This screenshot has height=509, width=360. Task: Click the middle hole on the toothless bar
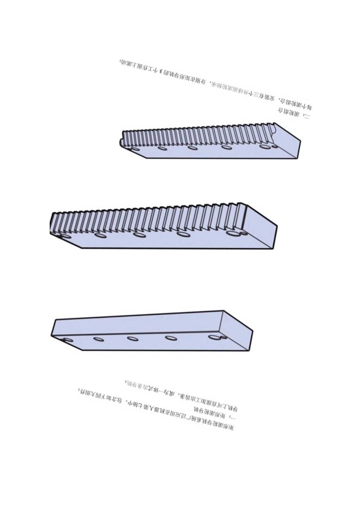click(x=133, y=338)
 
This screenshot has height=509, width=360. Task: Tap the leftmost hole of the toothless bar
click(x=68, y=340)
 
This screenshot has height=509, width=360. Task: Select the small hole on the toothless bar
click(x=223, y=337)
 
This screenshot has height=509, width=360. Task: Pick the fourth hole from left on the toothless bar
click(x=170, y=338)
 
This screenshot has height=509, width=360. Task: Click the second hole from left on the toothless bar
click(x=99, y=339)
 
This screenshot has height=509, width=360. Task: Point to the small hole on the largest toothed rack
click(x=243, y=234)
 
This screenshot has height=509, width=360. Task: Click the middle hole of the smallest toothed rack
click(x=192, y=147)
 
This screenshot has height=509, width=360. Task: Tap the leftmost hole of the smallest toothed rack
click(x=135, y=149)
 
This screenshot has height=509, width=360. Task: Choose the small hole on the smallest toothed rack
click(x=275, y=147)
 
